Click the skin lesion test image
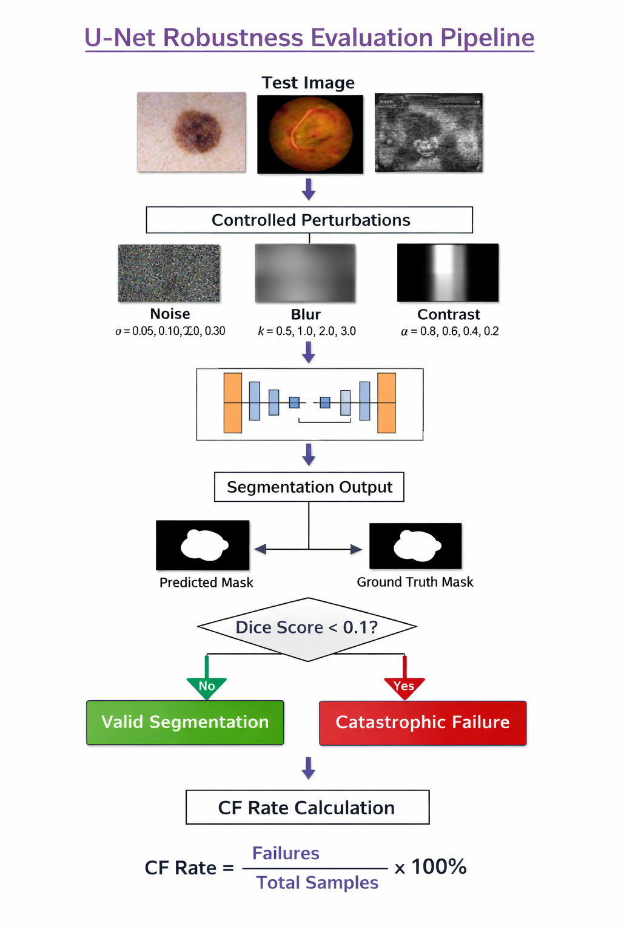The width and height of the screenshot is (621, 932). pyautogui.click(x=192, y=132)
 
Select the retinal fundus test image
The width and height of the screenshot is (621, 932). pyautogui.click(x=310, y=134)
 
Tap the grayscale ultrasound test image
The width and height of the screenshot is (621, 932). pyautogui.click(x=429, y=132)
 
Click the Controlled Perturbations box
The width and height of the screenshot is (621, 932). pyautogui.click(x=309, y=220)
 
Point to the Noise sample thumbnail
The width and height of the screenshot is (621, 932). pyautogui.click(x=169, y=273)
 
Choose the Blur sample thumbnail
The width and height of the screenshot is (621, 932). pyautogui.click(x=305, y=273)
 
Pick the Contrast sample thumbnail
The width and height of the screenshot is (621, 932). pyautogui.click(x=448, y=272)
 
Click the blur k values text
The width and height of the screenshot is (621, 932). pyautogui.click(x=307, y=331)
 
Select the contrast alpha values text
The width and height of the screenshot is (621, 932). pyautogui.click(x=449, y=331)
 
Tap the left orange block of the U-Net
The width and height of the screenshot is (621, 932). pyautogui.click(x=233, y=403)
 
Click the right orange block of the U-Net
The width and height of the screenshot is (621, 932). pyautogui.click(x=386, y=403)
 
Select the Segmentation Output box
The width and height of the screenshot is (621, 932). pyautogui.click(x=309, y=487)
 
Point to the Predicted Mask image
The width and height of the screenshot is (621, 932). pyautogui.click(x=203, y=545)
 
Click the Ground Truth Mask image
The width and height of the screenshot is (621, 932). pyautogui.click(x=415, y=545)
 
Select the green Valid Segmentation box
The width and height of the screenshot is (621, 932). pyautogui.click(x=185, y=722)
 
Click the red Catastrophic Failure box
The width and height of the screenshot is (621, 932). pyautogui.click(x=423, y=723)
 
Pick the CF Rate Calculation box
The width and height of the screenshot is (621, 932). pyautogui.click(x=307, y=807)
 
